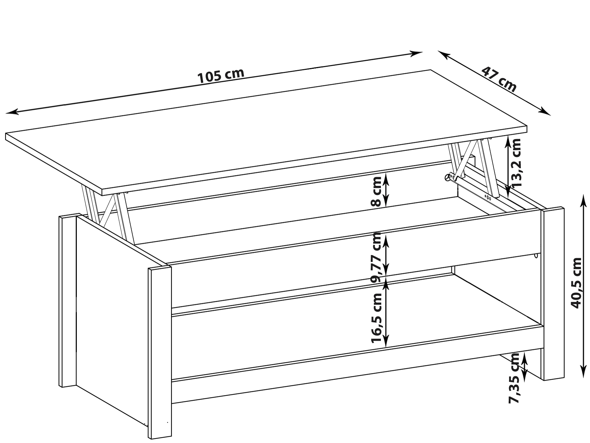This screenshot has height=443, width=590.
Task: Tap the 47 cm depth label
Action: click(499, 79)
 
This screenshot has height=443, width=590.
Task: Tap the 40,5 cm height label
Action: click(576, 283)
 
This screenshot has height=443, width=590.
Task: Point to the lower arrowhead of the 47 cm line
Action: click(545, 111)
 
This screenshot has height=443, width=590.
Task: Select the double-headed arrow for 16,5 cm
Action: click(386, 313)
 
